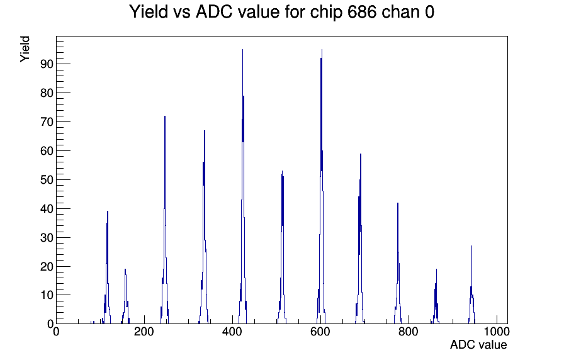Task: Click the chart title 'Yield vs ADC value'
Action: (x=204, y=11)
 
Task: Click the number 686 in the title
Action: (x=362, y=11)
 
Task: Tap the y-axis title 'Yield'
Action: (x=25, y=49)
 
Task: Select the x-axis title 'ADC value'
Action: (x=478, y=344)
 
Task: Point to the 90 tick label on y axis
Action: (x=47, y=64)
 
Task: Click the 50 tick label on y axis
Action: (x=47, y=180)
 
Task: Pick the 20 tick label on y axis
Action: (x=47, y=266)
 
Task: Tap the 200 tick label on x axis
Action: (x=144, y=331)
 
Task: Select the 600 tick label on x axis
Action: (x=320, y=331)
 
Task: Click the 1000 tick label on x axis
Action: (x=496, y=331)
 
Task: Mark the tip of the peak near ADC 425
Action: (x=243, y=50)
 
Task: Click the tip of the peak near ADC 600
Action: (x=322, y=50)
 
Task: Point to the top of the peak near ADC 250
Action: (x=165, y=116)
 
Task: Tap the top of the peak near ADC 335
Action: (x=205, y=130)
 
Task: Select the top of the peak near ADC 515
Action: (x=283, y=171)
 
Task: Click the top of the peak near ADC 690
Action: (x=361, y=154)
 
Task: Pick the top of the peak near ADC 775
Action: (x=398, y=203)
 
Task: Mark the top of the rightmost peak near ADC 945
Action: (x=471, y=246)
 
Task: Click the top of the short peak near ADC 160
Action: (x=125, y=269)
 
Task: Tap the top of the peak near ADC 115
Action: (x=108, y=211)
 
